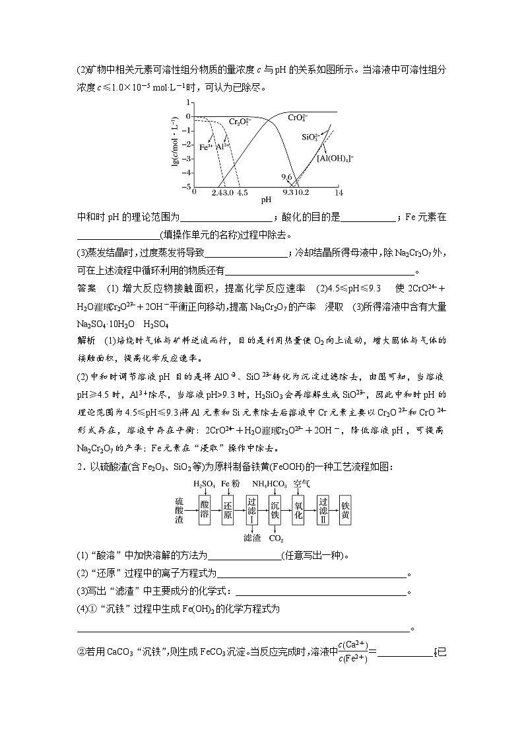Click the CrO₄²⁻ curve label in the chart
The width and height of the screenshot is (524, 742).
[x=298, y=118]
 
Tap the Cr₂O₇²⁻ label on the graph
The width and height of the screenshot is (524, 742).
[x=240, y=122]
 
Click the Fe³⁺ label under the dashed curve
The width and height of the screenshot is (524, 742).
[x=206, y=147]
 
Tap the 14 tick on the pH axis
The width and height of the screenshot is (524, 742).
[x=339, y=192]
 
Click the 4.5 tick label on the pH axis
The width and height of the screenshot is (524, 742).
[x=242, y=192]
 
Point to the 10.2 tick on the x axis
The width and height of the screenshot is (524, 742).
[x=302, y=192]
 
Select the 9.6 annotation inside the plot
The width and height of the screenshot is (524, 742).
[x=286, y=178]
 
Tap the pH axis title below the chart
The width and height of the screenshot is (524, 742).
[x=266, y=200]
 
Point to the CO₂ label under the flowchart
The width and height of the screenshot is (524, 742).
[x=276, y=538]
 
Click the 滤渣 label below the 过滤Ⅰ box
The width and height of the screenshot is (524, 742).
[x=251, y=537]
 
